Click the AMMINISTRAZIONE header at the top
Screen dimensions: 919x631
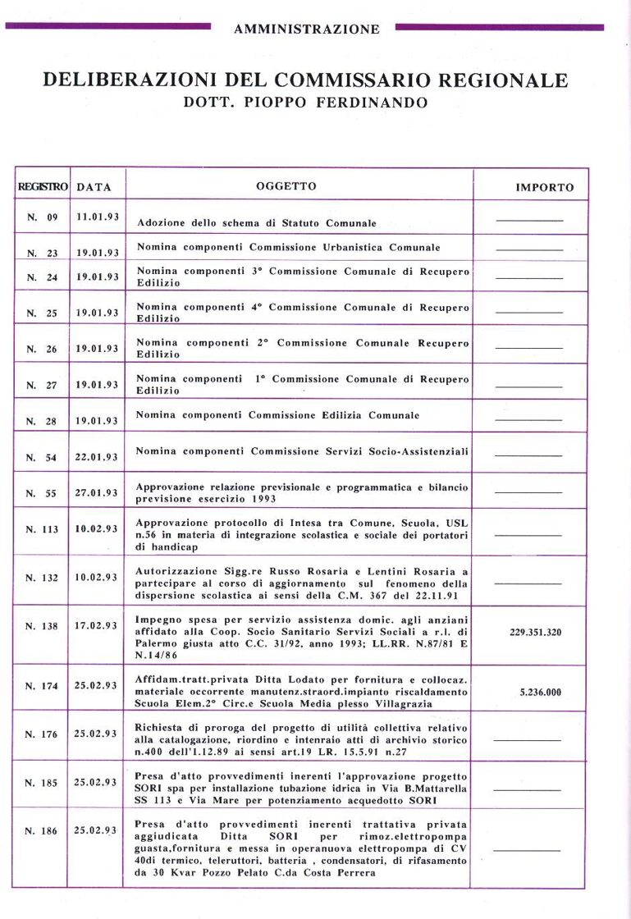point(306,30)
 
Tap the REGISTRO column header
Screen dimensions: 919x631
point(43,186)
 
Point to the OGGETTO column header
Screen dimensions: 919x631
point(286,186)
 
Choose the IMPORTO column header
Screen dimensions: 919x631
point(545,187)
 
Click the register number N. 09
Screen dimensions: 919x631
point(43,218)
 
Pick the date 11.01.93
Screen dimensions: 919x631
point(98,217)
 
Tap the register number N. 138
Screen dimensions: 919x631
point(42,627)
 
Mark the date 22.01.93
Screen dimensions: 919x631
point(98,456)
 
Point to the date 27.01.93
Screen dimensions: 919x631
point(98,492)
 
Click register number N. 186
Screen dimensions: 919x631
point(42,830)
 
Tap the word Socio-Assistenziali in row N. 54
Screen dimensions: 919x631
point(412,451)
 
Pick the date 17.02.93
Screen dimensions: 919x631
point(98,624)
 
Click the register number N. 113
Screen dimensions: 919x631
point(42,529)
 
